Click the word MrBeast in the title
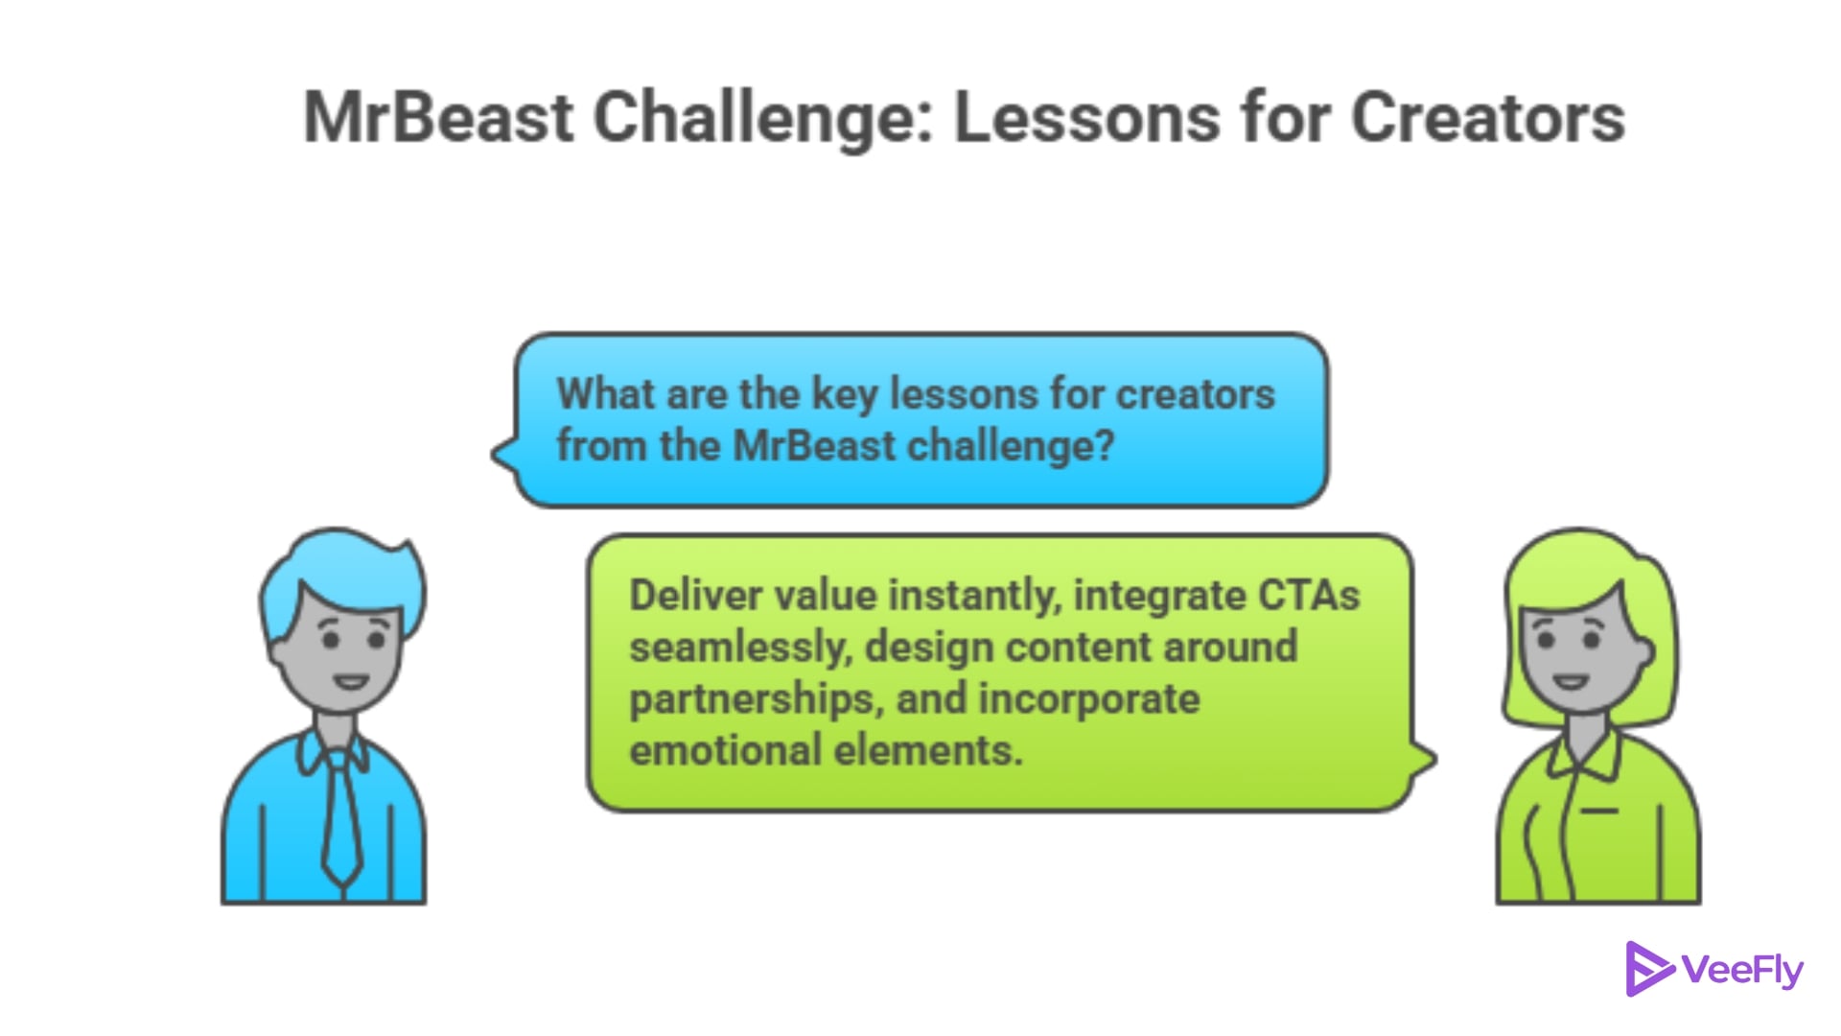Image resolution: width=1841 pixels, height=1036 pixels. pyautogui.click(x=439, y=118)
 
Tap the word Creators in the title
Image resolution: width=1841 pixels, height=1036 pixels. pyautogui.click(x=1488, y=118)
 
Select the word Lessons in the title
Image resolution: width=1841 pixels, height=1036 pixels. pyautogui.click(x=1087, y=118)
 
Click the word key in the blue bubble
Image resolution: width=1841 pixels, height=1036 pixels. pyautogui.click(x=845, y=395)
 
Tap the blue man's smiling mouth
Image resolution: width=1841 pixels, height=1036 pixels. pyautogui.click(x=350, y=683)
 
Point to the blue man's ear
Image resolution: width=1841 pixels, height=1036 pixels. pyautogui.click(x=276, y=653)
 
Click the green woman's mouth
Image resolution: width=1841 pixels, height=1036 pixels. pyautogui.click(x=1571, y=683)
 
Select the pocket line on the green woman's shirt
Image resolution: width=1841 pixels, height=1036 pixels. pyautogui.click(x=1598, y=812)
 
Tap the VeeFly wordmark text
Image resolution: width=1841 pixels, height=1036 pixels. pyautogui.click(x=1742, y=971)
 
